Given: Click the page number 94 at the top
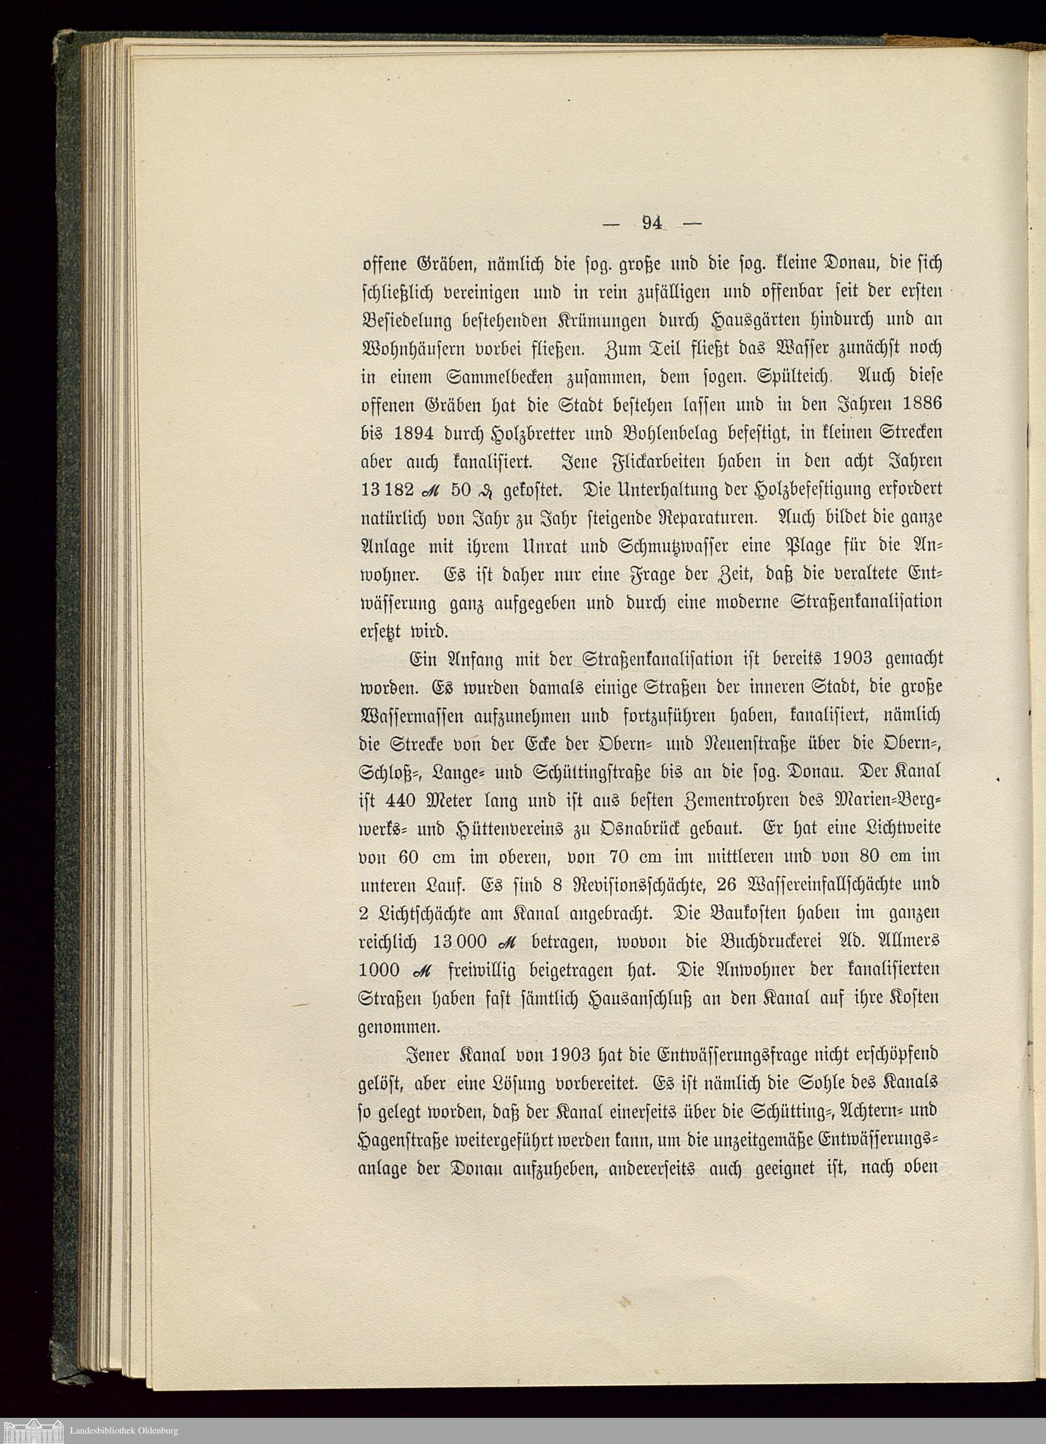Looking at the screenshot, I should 653,223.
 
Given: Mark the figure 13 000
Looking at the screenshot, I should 460,942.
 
